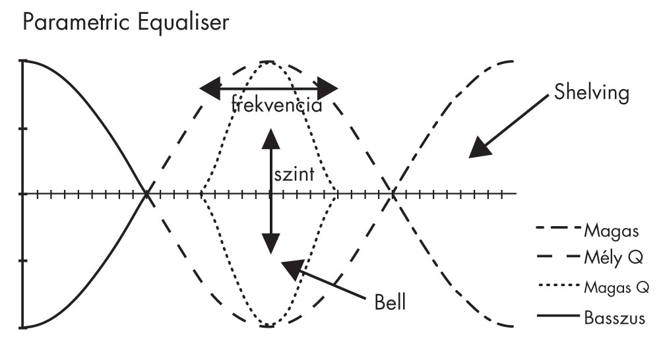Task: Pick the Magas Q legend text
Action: [617, 287]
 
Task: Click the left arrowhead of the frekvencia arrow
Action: [210, 88]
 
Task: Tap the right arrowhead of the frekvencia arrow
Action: [328, 88]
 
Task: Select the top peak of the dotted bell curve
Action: [268, 62]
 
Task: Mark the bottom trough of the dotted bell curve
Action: [268, 326]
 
